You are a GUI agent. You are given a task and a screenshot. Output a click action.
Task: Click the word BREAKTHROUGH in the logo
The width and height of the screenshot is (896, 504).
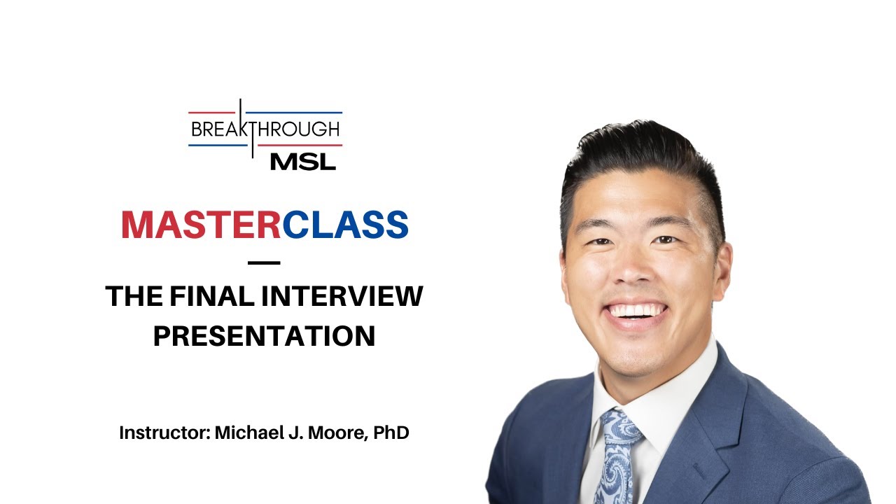pyautogui.click(x=265, y=129)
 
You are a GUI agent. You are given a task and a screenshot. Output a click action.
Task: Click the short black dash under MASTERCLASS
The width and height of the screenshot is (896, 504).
pyautogui.click(x=264, y=263)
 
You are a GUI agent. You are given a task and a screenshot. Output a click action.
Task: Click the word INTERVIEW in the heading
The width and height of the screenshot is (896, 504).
pyautogui.click(x=342, y=296)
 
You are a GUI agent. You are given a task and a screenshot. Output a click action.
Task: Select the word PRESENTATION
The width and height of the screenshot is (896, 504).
pyautogui.click(x=264, y=335)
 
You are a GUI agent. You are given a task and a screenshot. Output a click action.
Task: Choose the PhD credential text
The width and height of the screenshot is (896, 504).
pyautogui.click(x=391, y=433)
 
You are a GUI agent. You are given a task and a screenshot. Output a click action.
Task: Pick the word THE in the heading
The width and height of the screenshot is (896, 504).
pyautogui.click(x=133, y=296)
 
